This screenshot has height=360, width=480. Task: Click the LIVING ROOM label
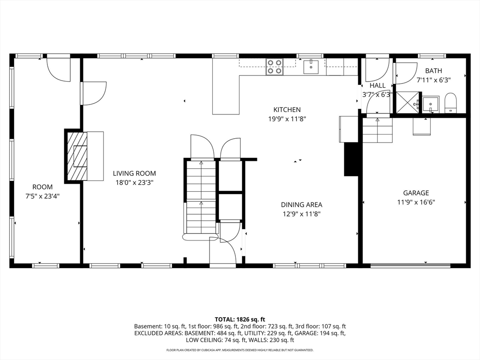(x=135, y=173)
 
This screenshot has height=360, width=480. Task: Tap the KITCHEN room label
(x=287, y=110)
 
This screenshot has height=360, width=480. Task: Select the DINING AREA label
(x=301, y=204)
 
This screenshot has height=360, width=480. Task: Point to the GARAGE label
(x=416, y=193)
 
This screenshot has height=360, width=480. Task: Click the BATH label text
(x=434, y=71)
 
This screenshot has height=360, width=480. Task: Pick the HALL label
(x=377, y=85)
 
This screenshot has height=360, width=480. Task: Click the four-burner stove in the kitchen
(x=274, y=67)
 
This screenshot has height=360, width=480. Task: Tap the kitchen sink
(x=311, y=67)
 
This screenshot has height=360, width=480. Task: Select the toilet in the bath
(x=450, y=103)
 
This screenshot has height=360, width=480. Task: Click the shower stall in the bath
(x=408, y=102)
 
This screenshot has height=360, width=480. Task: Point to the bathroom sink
(x=431, y=104)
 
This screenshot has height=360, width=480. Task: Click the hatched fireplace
(x=76, y=156)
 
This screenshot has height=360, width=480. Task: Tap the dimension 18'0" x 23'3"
(x=135, y=183)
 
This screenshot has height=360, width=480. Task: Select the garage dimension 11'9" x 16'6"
(x=416, y=202)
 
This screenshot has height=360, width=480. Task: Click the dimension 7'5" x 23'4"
(x=42, y=196)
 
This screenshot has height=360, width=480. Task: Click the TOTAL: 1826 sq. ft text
(x=240, y=320)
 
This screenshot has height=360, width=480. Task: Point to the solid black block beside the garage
(x=351, y=159)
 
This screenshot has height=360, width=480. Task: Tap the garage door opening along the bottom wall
(x=411, y=265)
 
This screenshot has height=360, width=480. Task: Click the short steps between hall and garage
(x=378, y=130)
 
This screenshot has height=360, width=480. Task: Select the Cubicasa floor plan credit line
(x=240, y=350)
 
